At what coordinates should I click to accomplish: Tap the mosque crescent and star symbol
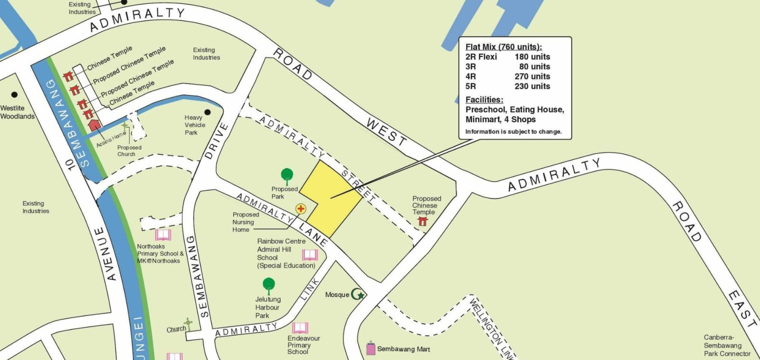click(358, 294)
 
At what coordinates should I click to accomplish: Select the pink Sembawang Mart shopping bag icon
click(370, 349)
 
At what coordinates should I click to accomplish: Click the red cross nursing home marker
click(301, 208)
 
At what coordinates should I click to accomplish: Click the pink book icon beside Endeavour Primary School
click(300, 328)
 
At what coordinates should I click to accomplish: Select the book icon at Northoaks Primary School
click(163, 235)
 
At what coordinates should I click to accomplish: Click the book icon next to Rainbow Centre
click(310, 255)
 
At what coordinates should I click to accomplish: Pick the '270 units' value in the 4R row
click(532, 76)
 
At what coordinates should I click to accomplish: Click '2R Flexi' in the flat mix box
click(481, 57)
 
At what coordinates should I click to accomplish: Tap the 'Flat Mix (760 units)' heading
click(503, 47)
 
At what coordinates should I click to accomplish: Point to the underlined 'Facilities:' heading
click(484, 100)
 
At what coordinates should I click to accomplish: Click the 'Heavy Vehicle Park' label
click(195, 125)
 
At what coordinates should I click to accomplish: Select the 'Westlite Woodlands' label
click(17, 112)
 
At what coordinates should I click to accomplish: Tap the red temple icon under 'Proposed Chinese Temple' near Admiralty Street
click(422, 220)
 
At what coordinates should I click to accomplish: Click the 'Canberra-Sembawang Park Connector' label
click(727, 346)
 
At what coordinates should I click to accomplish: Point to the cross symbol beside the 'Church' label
click(188, 324)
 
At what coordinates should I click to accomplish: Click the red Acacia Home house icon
click(95, 125)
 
